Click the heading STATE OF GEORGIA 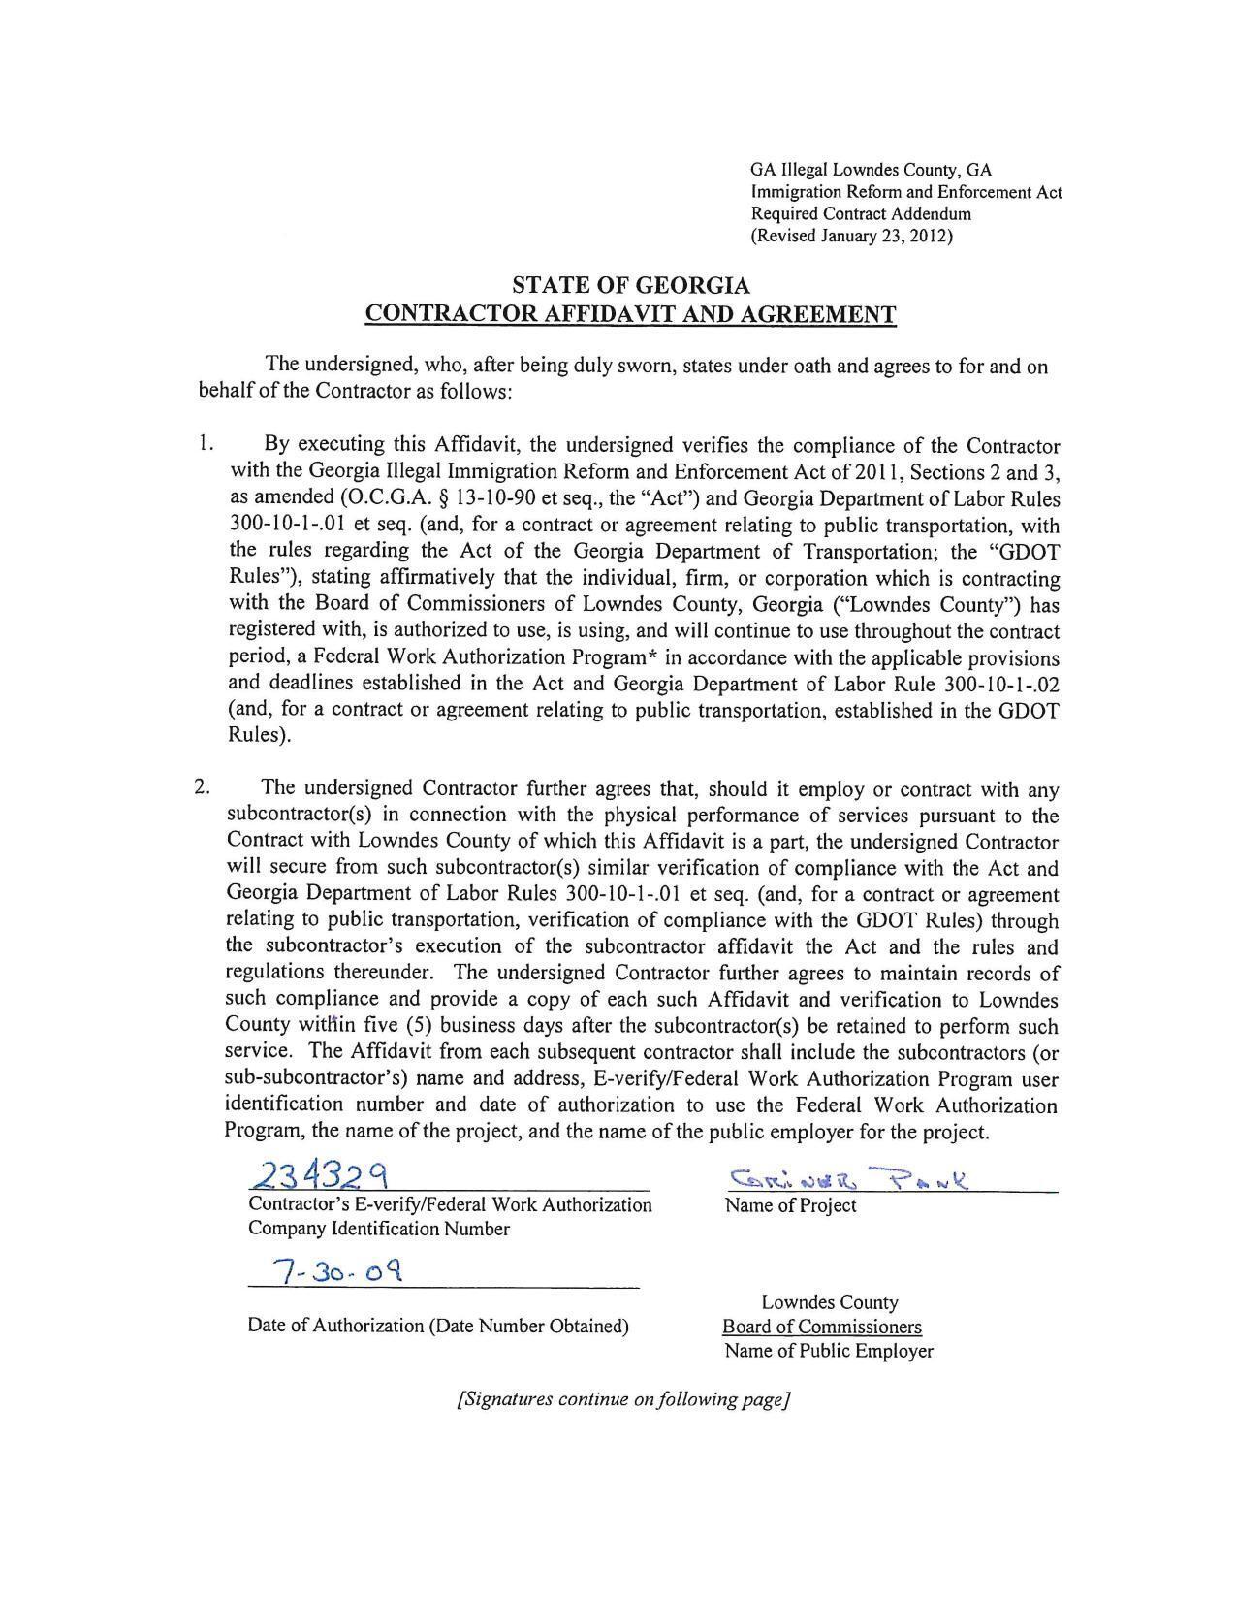pos(630,286)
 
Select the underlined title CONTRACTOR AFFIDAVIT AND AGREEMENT pos(630,314)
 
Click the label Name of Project pos(790,1205)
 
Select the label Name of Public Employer pos(828,1351)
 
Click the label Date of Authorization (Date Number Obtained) pos(438,1326)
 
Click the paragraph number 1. pos(204,444)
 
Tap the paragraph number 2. pos(202,786)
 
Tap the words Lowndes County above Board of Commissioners pos(829,1302)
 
